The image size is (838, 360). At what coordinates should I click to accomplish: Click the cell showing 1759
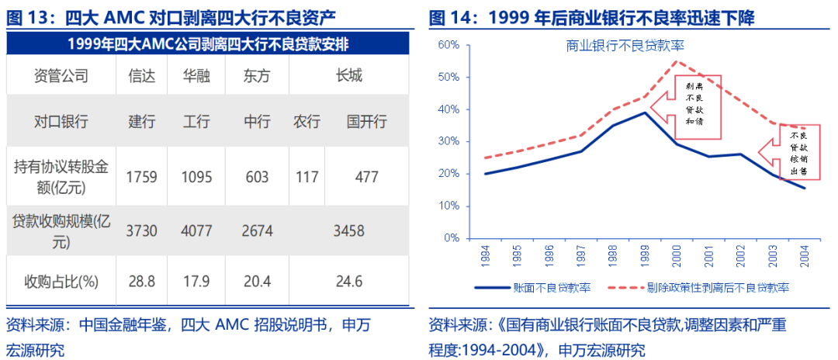(142, 177)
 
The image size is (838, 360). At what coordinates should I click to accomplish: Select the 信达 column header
(142, 76)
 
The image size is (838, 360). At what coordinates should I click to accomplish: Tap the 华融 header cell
(196, 76)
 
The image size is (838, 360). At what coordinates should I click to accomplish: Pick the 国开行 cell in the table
(366, 123)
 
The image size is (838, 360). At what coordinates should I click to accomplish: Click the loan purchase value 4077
(196, 231)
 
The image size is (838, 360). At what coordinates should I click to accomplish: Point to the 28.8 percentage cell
(142, 281)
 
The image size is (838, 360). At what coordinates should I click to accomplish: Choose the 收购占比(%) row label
(61, 281)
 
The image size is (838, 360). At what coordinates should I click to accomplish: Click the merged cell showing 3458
(348, 231)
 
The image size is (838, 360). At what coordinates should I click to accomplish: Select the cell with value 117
(306, 177)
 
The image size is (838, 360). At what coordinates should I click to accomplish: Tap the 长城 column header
(348, 76)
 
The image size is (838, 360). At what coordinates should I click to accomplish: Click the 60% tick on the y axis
(449, 45)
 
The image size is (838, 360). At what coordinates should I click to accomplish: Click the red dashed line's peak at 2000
(677, 61)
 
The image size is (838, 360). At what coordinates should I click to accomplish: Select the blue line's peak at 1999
(645, 112)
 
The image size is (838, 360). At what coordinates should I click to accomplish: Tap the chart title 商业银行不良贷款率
(625, 46)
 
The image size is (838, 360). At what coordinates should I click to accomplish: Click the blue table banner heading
(208, 44)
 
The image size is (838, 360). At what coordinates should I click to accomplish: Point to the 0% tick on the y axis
(452, 238)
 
